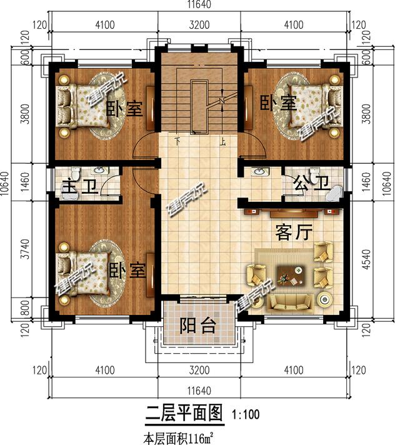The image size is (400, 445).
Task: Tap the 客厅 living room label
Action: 293,233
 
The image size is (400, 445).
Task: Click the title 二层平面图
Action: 184,413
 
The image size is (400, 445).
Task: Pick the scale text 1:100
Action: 246,414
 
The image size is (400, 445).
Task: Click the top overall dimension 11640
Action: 198,5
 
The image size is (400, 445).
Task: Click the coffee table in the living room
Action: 291,274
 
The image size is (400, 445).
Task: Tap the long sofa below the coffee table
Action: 291,302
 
